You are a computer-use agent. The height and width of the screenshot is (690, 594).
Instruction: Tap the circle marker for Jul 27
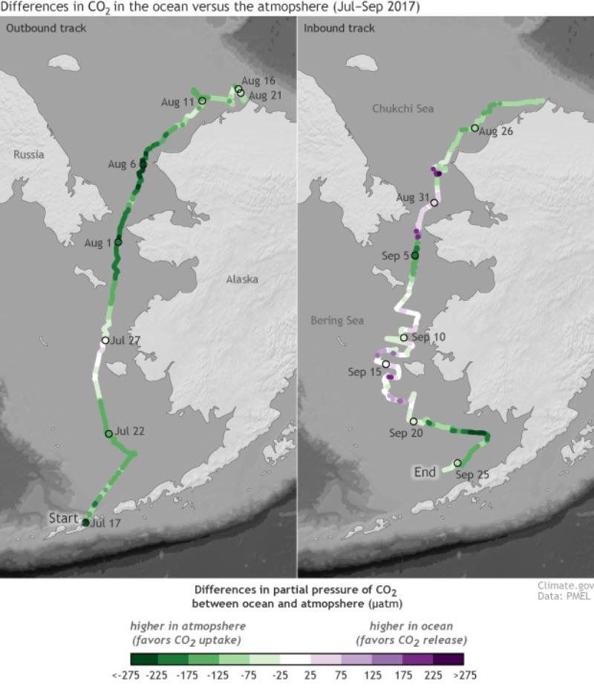pyautogui.click(x=105, y=341)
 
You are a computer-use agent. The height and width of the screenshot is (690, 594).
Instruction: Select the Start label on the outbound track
pyautogui.click(x=63, y=518)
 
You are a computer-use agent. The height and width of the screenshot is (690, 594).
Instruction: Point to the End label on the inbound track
pyautogui.click(x=425, y=472)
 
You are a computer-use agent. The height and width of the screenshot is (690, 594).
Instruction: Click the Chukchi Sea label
pyautogui.click(x=402, y=109)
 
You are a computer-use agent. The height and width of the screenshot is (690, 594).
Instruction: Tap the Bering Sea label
pyautogui.click(x=337, y=321)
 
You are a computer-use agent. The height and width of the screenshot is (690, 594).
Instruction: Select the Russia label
pyautogui.click(x=28, y=154)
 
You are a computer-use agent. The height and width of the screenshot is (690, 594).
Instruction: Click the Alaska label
pyautogui.click(x=242, y=279)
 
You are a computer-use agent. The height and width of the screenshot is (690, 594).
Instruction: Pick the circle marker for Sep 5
pyautogui.click(x=415, y=256)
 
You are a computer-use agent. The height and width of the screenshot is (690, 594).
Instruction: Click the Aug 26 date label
pyautogui.click(x=497, y=131)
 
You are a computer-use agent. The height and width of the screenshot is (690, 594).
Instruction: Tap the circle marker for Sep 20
pyautogui.click(x=414, y=421)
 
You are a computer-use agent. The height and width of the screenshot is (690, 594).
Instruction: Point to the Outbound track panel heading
pyautogui.click(x=46, y=28)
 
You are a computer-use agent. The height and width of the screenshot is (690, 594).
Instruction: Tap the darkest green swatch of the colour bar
pyautogui.click(x=144, y=659)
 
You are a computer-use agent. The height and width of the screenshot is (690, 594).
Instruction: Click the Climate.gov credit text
pyautogui.click(x=565, y=586)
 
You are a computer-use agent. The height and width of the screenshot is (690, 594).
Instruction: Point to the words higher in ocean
pyautogui.click(x=411, y=626)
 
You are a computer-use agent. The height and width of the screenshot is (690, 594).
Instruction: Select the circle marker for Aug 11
pyautogui.click(x=202, y=100)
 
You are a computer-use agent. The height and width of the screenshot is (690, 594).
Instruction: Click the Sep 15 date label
pyautogui.click(x=364, y=372)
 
